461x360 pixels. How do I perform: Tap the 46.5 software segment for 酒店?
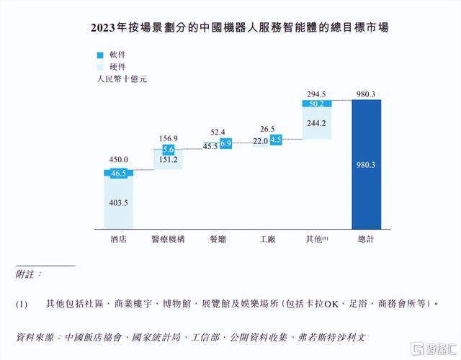(118, 174)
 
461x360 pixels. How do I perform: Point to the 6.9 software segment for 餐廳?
(225, 144)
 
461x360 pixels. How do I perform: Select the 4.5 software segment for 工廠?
(275, 140)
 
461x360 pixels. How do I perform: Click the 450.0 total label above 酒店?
(118, 160)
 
